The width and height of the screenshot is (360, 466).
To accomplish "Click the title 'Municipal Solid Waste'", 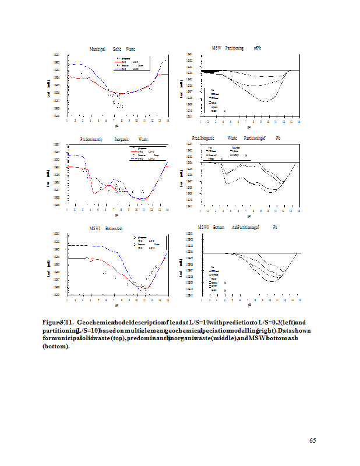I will click(x=112, y=49).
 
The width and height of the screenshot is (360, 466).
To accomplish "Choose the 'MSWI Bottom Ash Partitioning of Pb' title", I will click(x=237, y=227).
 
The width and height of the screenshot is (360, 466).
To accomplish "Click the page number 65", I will click(x=312, y=440).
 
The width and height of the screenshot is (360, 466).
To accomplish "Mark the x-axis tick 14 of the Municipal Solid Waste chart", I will click(x=168, y=121).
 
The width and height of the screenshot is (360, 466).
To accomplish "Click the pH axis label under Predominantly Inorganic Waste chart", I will click(x=117, y=216).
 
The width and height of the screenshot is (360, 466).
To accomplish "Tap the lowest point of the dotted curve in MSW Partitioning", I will click(x=266, y=102).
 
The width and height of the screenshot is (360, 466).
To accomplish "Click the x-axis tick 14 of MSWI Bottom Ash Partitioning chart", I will click(x=299, y=299).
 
